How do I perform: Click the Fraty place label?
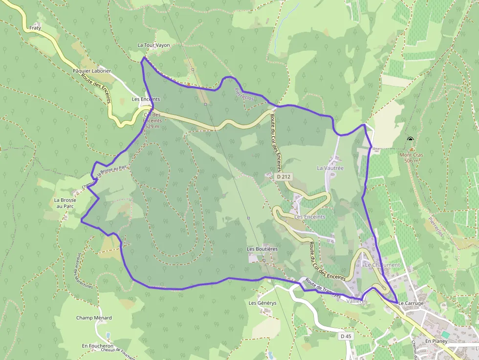35,28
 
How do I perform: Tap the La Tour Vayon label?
153,45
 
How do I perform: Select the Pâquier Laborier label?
91,71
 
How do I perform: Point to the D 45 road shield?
346,336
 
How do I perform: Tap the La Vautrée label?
330,168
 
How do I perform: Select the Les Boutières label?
262,249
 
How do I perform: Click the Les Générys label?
262,303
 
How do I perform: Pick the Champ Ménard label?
94,318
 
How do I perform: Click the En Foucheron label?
98,346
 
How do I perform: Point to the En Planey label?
436,340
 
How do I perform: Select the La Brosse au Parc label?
65,203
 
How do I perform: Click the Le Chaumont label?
382,265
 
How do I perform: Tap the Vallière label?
355,301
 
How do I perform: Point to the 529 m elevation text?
152,127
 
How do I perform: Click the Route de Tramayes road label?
322,288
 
